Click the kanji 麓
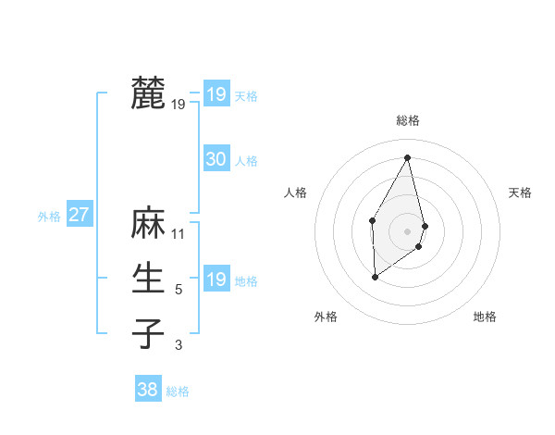coord(148,93)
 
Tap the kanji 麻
coord(148,224)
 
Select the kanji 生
coord(148,279)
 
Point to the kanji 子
coord(148,333)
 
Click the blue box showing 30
coord(216,159)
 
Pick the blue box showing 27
coord(79,215)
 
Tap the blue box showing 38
coord(147,390)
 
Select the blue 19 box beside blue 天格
coord(216,94)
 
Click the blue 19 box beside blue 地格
coord(216,280)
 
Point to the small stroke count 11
coord(179,234)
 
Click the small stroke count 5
coord(179,290)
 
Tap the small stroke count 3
coord(179,345)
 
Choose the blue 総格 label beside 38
coord(178,391)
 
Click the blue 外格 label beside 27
coord(49,217)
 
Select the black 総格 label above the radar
coord(408,120)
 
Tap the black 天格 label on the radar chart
coord(520,193)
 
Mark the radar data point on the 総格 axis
coord(407,157)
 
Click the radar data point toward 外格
coord(375,277)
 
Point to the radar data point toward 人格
coord(372,219)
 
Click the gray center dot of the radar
coord(407,230)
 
